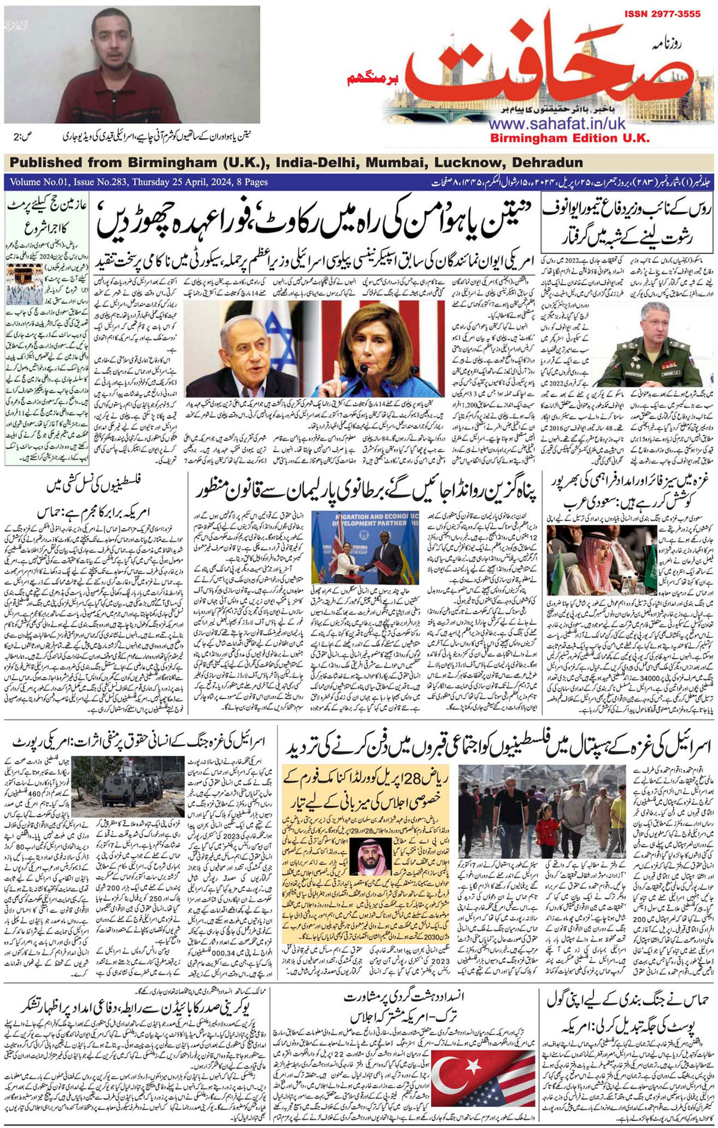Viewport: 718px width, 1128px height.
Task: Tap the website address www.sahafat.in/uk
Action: [549, 124]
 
